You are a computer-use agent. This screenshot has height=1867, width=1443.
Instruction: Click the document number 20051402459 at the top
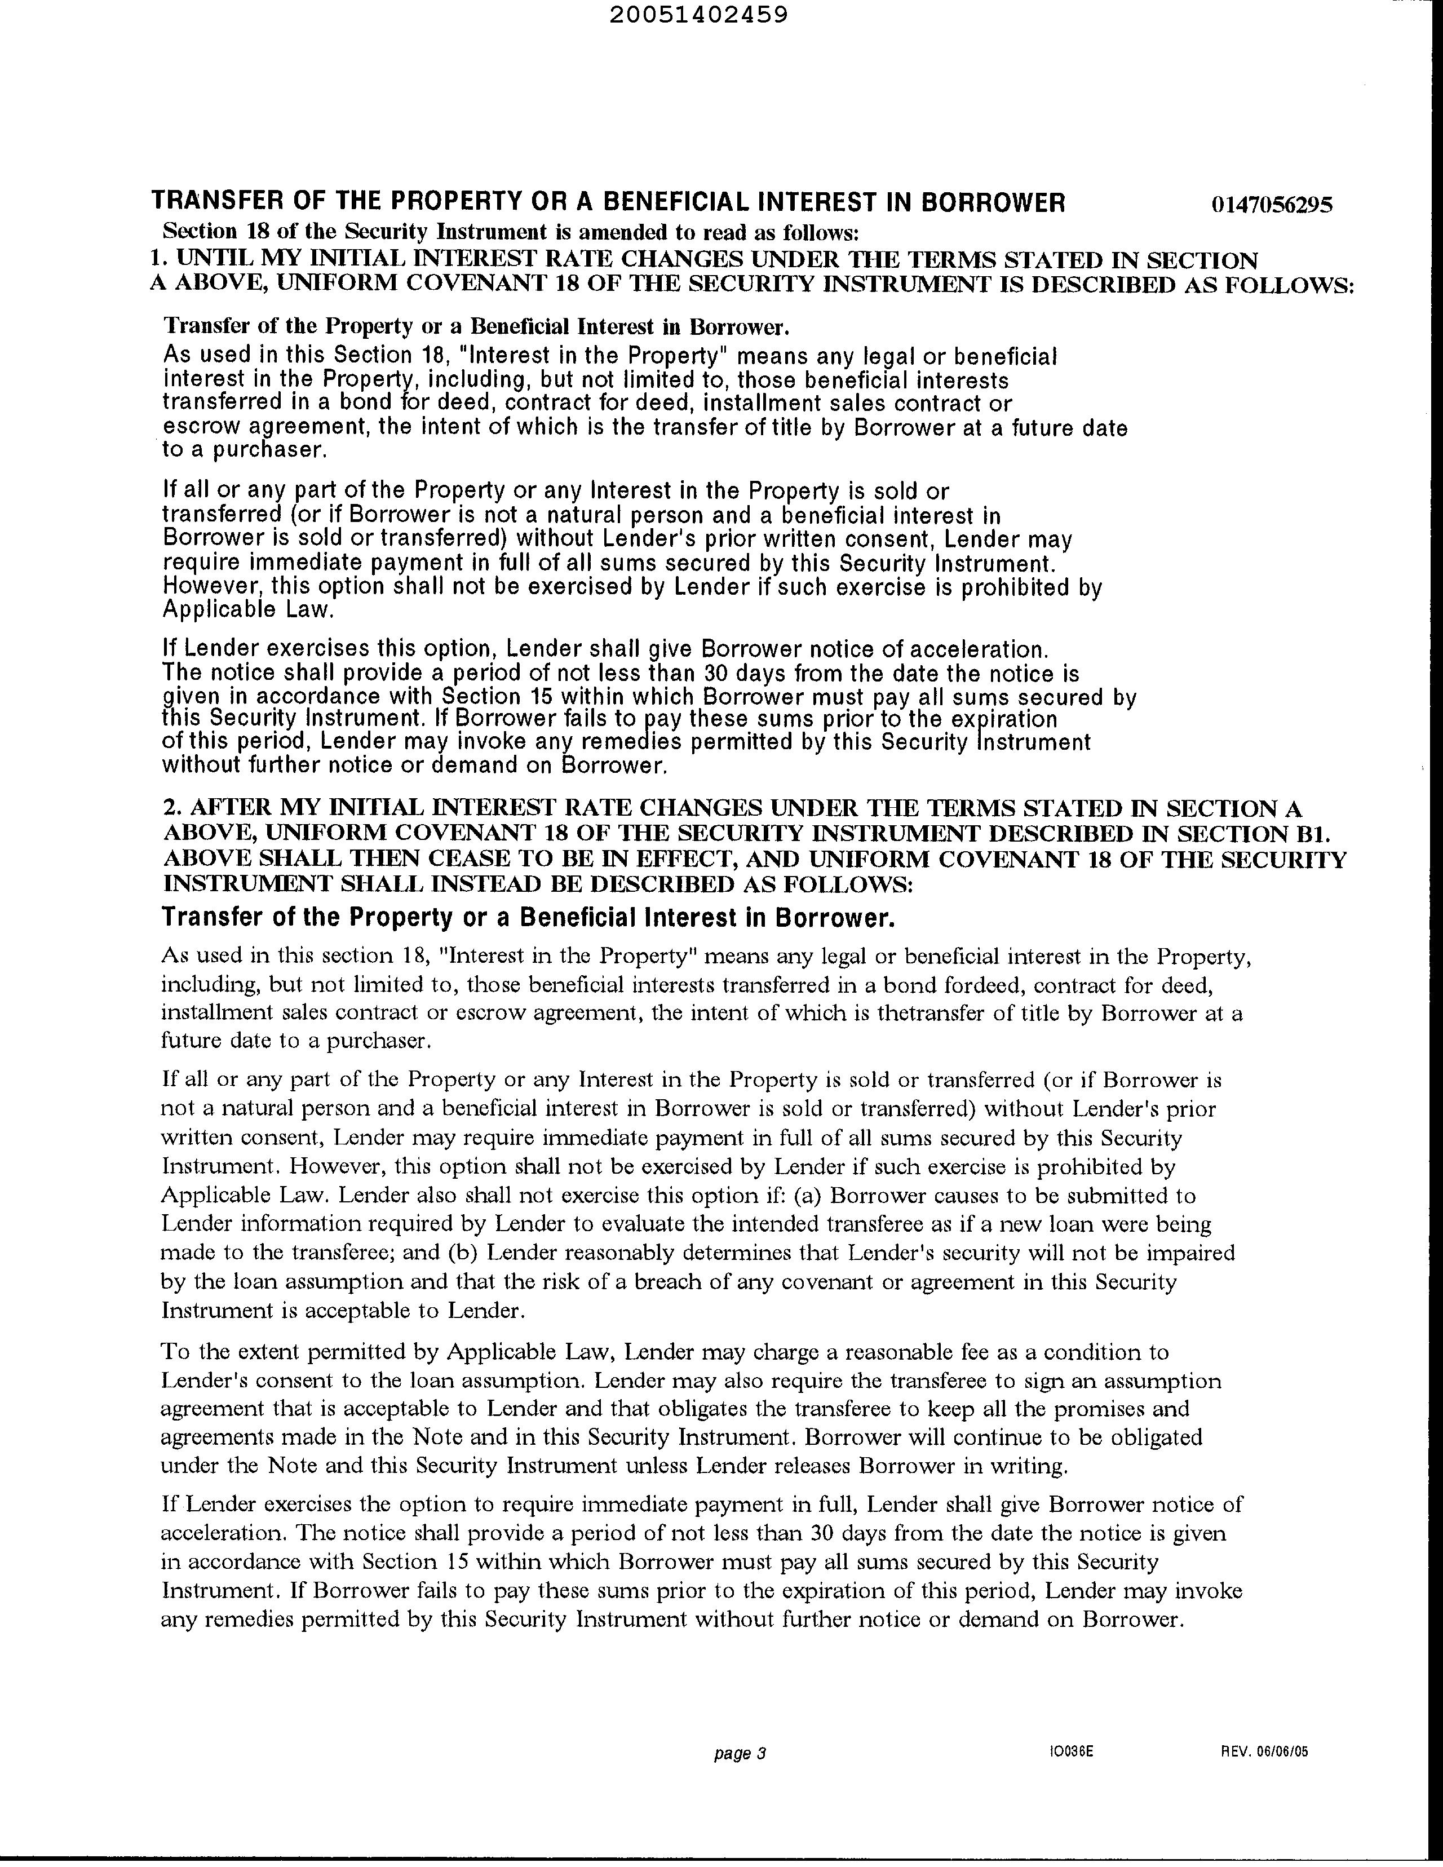pos(700,15)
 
